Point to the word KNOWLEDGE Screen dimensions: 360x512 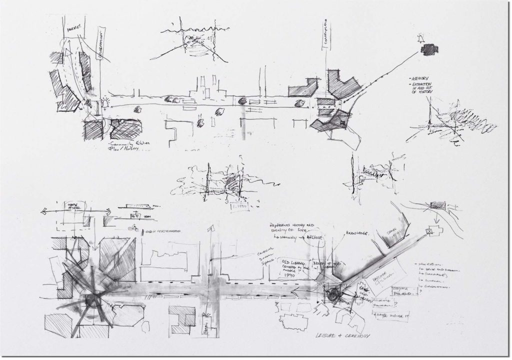(x=355, y=233)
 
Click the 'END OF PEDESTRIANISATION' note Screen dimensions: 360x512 (x=163, y=230)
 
